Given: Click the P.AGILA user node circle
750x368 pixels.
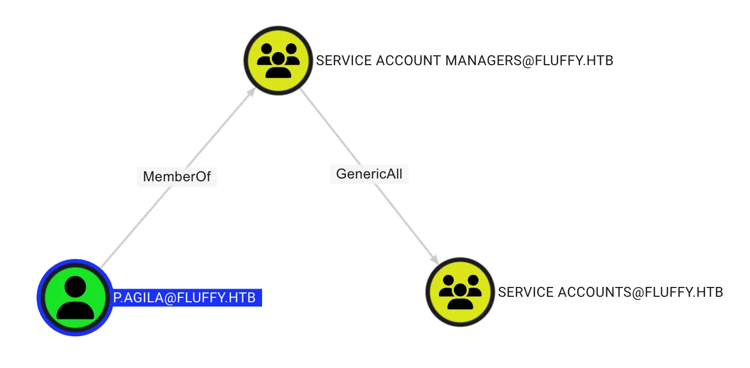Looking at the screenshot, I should point(75,297).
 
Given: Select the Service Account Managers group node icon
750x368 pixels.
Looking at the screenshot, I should point(278,60).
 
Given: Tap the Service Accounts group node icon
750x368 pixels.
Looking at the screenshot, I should point(460,292).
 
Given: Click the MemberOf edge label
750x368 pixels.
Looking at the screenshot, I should point(177,177).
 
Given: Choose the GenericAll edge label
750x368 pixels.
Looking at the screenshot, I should point(369,174).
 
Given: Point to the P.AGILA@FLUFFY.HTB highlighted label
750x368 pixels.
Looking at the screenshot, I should point(185,298).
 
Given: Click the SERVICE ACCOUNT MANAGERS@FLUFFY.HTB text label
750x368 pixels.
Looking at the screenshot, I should point(464,61).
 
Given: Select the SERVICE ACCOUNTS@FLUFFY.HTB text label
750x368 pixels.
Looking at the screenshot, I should point(610,292).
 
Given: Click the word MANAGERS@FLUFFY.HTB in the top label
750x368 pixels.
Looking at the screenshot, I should point(529,61).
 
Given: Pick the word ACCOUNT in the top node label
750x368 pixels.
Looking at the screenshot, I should point(408,61).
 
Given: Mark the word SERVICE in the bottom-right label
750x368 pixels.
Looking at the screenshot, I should point(525,292).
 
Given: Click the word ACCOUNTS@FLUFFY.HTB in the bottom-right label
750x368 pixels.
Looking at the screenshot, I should point(640,292).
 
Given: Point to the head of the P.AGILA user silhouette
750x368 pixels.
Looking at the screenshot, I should point(75,287).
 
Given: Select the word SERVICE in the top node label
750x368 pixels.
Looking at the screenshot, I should point(344,61).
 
